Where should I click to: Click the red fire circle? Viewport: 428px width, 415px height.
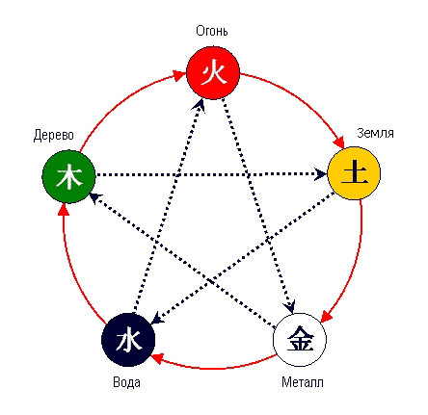click(x=213, y=72)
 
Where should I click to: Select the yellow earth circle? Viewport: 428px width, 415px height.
click(x=354, y=173)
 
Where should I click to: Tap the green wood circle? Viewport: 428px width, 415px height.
click(x=68, y=176)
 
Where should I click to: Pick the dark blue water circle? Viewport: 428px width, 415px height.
click(x=128, y=340)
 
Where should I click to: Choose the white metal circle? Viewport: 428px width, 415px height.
click(x=300, y=340)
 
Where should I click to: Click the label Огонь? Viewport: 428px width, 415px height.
click(x=212, y=31)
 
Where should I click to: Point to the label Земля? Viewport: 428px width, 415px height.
click(x=375, y=133)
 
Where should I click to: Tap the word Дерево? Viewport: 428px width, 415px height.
click(x=54, y=135)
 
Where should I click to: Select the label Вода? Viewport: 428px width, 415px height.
click(x=126, y=382)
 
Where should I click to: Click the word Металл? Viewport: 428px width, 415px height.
click(x=303, y=382)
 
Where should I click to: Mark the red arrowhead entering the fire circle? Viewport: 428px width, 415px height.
click(x=179, y=74)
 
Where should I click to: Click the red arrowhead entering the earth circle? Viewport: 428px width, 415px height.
click(x=339, y=143)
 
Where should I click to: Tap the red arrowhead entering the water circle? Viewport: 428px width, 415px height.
click(x=158, y=358)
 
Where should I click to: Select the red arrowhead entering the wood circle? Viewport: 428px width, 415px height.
click(x=64, y=209)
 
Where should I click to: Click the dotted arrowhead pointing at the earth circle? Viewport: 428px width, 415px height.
click(x=321, y=174)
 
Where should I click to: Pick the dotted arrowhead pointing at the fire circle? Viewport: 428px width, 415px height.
click(x=200, y=105)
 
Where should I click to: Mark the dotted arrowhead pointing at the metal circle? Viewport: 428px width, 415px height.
click(x=290, y=307)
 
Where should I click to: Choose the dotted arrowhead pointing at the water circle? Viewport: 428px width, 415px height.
click(x=157, y=318)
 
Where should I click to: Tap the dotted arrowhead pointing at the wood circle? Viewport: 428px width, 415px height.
click(x=95, y=197)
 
